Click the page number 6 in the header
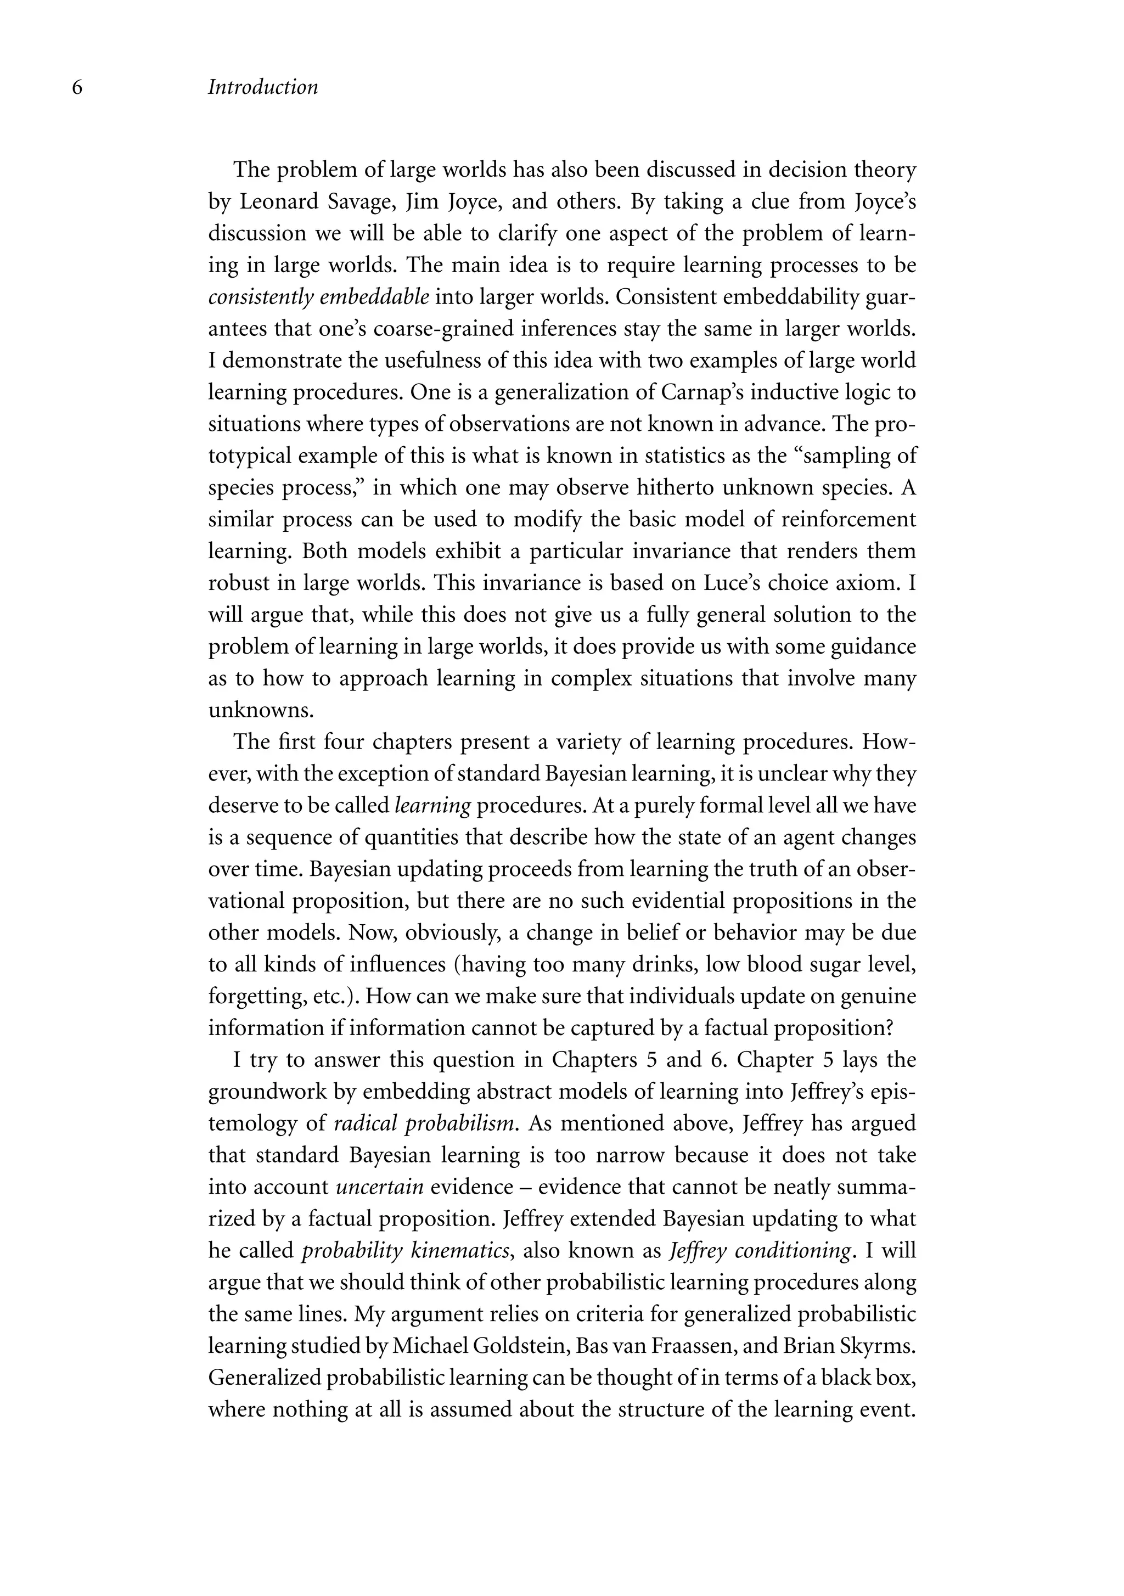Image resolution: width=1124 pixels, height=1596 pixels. click(77, 88)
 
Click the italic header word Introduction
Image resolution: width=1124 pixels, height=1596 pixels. click(263, 88)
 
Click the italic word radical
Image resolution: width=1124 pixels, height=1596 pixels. click(366, 1124)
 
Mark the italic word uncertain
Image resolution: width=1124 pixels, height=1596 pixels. click(380, 1187)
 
